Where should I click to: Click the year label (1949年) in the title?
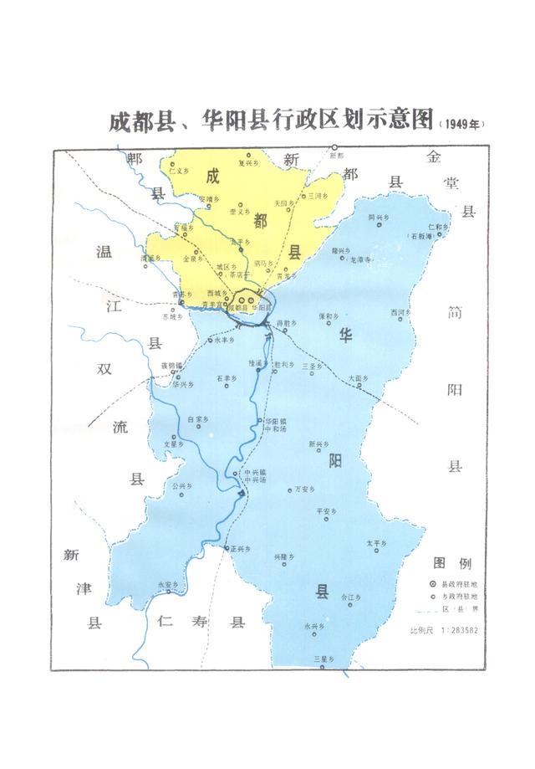pyautogui.click(x=460, y=124)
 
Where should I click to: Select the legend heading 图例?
pyautogui.click(x=452, y=562)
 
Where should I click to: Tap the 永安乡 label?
pyautogui.click(x=168, y=584)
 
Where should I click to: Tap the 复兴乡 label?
pyautogui.click(x=248, y=163)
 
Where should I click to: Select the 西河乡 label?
pyautogui.click(x=400, y=311)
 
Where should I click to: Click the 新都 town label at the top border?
pyautogui.click(x=336, y=148)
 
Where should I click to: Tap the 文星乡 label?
pyautogui.click(x=173, y=444)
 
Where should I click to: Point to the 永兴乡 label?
pyautogui.click(x=313, y=625)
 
